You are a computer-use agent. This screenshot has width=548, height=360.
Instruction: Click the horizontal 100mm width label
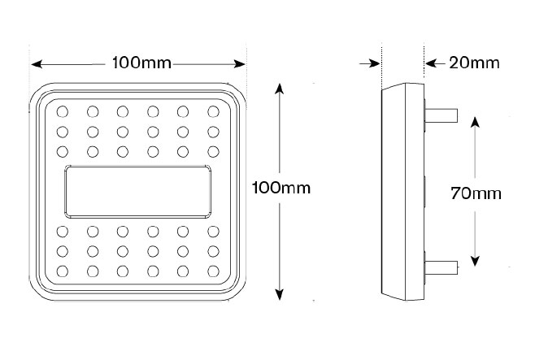point(141,63)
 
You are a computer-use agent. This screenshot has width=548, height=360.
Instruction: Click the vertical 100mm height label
point(281,188)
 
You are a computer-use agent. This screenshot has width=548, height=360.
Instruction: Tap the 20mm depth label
point(474,63)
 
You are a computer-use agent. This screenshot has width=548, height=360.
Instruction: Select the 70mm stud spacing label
point(476,193)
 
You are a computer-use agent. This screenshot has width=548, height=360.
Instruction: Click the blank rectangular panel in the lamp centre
point(138,192)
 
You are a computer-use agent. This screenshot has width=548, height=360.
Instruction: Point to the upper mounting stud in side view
point(441,115)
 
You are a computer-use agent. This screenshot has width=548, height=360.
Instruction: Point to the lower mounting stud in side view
point(441,267)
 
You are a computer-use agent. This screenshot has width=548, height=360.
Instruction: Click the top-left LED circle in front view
point(63,111)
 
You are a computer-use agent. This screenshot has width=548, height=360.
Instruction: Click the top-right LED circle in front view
point(213,111)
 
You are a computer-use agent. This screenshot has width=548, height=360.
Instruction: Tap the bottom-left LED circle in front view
point(63,271)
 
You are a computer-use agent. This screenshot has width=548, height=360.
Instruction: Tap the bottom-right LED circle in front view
point(213,271)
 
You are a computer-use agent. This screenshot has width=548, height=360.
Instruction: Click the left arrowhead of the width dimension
point(37,64)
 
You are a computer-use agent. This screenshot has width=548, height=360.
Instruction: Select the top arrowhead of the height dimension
point(279,89)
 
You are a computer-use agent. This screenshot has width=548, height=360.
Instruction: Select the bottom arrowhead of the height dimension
point(279,295)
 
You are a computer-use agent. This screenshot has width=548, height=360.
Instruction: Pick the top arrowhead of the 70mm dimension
point(475,122)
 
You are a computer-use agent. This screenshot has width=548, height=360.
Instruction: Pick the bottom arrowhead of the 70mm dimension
point(475,261)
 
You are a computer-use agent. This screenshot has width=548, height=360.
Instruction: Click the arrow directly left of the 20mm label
point(435,63)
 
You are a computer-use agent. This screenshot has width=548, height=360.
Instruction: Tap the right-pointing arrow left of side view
point(370,63)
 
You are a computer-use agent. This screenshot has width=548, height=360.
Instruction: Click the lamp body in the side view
point(403,192)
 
